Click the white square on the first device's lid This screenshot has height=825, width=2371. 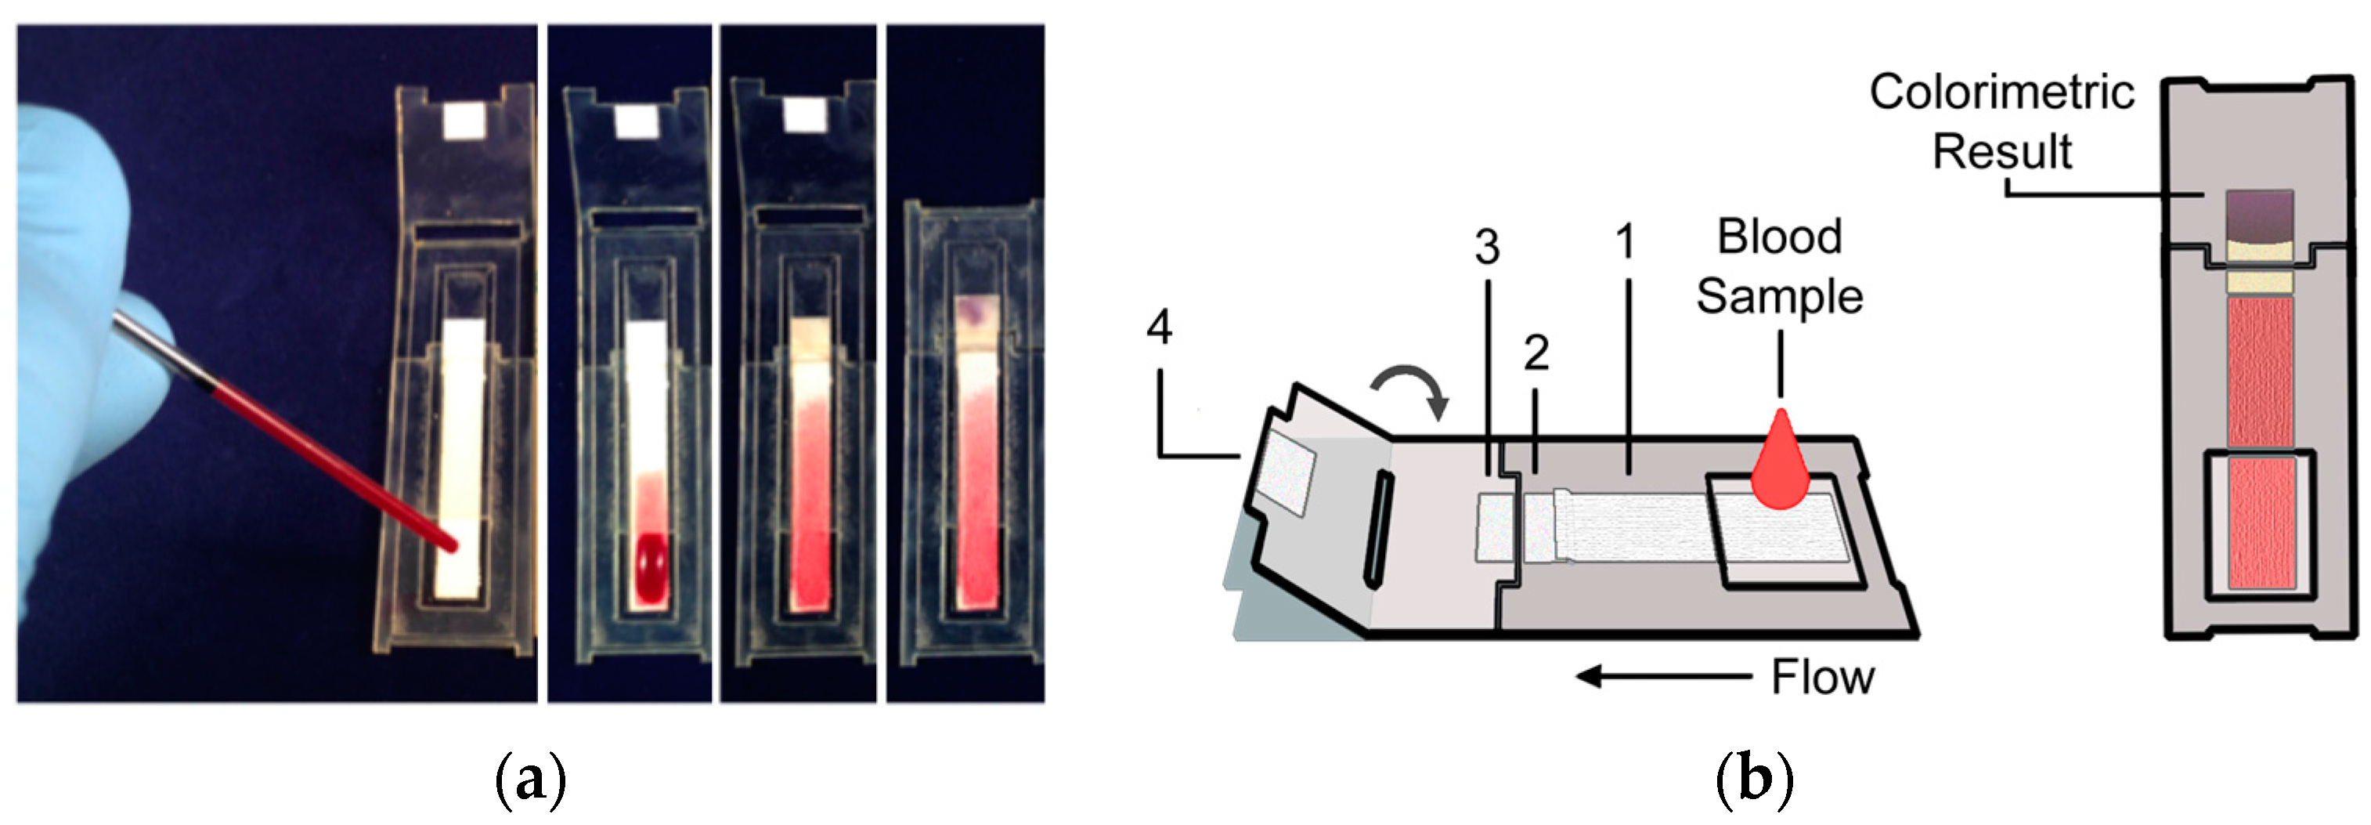pos(464,121)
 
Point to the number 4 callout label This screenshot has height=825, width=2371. pos(1160,327)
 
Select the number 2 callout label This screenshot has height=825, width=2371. pos(1536,353)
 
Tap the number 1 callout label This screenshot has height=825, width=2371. pos(1626,241)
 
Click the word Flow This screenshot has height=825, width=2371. pos(1822,678)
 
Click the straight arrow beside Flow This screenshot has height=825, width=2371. pos(1662,677)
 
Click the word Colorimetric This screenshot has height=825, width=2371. pos(2002,92)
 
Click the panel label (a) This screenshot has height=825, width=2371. pos(530,780)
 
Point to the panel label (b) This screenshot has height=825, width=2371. pos(1754,780)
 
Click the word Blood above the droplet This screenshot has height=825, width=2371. pos(1779,237)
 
